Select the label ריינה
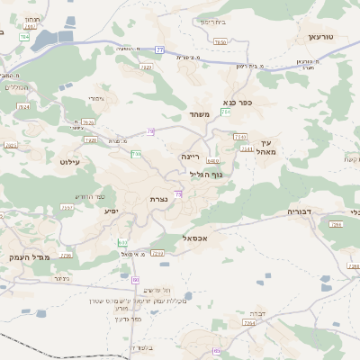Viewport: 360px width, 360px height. [x=189, y=157]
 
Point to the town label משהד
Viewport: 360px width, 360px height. [x=199, y=114]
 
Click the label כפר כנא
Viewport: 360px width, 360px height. [x=242, y=103]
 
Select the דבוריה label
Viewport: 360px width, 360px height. [x=299, y=211]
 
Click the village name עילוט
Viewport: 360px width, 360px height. [x=69, y=162]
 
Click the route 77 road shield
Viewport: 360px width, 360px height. [x=159, y=50]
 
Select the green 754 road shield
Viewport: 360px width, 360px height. [x=226, y=112]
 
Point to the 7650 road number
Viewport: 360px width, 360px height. [x=220, y=41]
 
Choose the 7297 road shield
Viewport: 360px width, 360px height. [x=67, y=207]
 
